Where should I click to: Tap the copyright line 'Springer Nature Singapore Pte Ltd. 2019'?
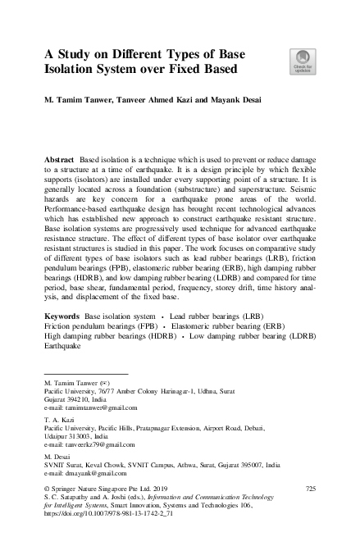point(107,489)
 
